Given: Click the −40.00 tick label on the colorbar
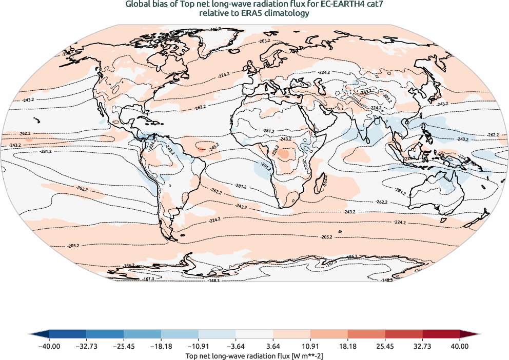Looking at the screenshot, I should [x=49, y=346].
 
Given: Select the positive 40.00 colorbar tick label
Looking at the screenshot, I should [x=460, y=346].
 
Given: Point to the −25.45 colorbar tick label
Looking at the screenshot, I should [x=124, y=346].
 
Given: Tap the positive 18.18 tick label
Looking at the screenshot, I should [x=348, y=346].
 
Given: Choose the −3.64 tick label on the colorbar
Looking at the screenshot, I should [x=236, y=346].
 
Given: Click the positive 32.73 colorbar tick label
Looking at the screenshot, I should [x=422, y=346].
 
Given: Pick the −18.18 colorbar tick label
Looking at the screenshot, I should [x=161, y=346].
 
